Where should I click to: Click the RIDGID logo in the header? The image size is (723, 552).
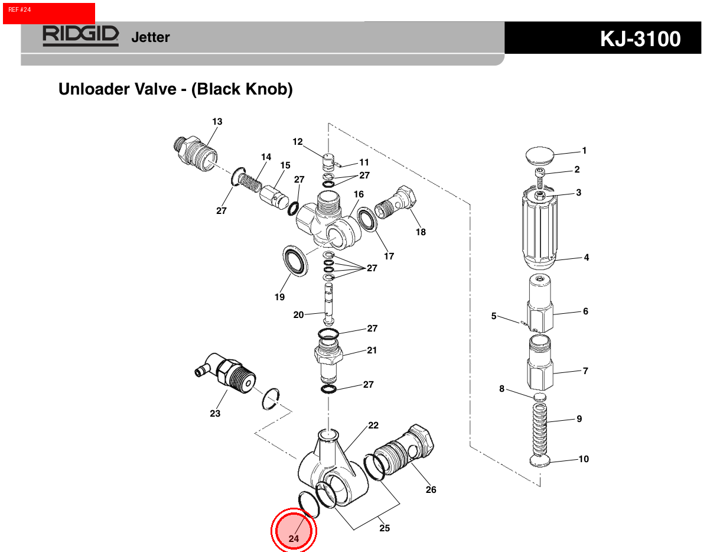pos(80,35)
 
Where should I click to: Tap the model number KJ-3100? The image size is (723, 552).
pos(640,39)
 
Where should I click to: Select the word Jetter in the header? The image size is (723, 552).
pos(150,37)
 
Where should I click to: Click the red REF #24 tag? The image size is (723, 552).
pos(48,13)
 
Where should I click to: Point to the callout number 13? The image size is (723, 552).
pos(217,122)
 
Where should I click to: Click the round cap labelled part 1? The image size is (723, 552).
pos(540,156)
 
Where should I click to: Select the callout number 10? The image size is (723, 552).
pos(584,459)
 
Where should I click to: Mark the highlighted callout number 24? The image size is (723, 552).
pos(294,538)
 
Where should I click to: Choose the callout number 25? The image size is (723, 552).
pos(385,528)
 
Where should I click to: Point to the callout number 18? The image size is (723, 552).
pos(421,232)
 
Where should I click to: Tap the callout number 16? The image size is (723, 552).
pos(359,194)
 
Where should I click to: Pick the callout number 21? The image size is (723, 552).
pos(372,350)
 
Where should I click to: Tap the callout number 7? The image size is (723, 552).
pos(585,371)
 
